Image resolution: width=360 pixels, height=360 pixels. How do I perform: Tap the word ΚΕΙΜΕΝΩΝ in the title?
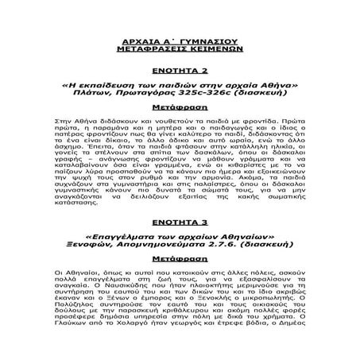[211, 48]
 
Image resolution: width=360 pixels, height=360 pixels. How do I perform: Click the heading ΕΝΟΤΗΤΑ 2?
[180, 70]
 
